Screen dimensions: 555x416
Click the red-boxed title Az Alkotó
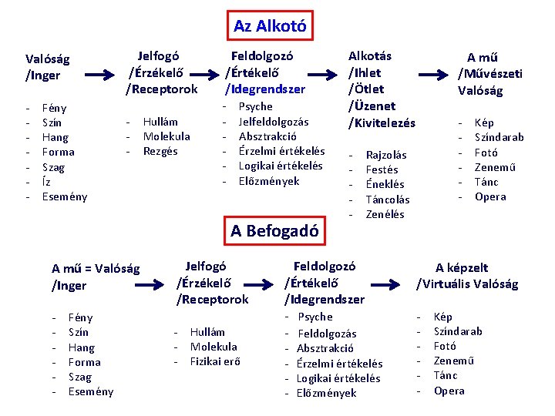click(270, 26)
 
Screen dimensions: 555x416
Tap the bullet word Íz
click(47, 182)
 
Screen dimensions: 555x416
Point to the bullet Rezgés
click(160, 151)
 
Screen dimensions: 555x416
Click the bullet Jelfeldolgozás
click(274, 122)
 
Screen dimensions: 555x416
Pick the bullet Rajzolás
click(386, 155)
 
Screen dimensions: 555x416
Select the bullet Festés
click(382, 169)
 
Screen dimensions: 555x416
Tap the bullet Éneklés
click(385, 184)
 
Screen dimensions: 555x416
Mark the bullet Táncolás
click(388, 200)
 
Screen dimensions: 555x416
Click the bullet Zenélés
click(385, 214)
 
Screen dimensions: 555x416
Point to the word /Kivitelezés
click(382, 122)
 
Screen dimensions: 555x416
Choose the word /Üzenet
click(372, 106)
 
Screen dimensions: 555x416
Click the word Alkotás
click(370, 56)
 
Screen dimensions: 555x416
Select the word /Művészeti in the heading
click(490, 74)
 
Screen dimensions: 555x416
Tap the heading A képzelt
click(462, 268)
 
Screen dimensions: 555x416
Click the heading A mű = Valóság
click(96, 269)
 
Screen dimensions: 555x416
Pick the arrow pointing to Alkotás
click(322, 75)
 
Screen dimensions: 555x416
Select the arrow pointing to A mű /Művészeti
click(435, 75)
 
